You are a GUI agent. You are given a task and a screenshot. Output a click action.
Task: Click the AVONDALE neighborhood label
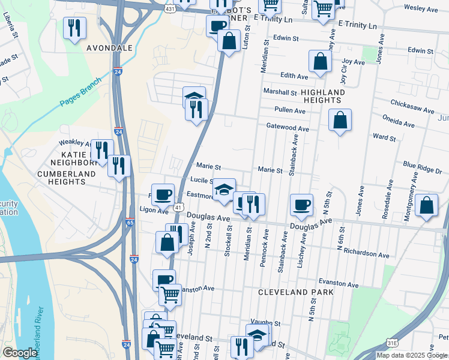click(109, 47)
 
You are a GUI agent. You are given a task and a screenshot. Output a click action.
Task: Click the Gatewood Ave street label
click(288, 128)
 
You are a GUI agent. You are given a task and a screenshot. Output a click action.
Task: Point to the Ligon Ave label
click(154, 211)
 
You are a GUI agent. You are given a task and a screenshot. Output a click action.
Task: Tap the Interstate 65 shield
click(130, 223)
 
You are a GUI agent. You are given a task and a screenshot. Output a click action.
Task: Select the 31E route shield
click(391, 342)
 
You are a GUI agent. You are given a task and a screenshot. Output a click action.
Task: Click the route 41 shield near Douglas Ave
click(178, 207)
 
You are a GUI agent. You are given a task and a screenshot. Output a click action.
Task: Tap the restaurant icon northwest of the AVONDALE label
click(74, 28)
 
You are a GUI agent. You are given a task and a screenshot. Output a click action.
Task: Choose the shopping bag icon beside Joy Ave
click(321, 61)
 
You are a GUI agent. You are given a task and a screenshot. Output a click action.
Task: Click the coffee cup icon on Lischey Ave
click(301, 205)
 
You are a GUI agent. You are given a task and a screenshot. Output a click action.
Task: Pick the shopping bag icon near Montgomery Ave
click(426, 205)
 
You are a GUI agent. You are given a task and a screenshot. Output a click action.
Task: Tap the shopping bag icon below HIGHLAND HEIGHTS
click(340, 120)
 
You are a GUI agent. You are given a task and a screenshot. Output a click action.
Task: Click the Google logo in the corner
click(19, 353)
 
